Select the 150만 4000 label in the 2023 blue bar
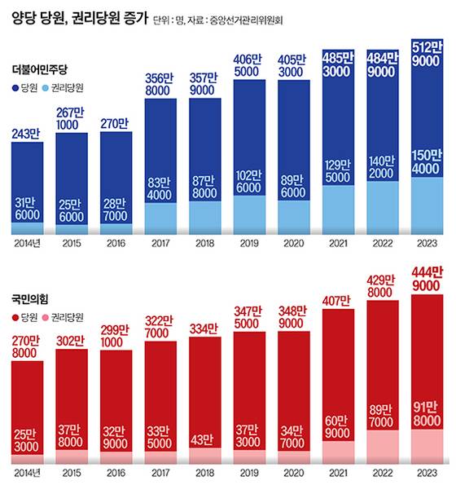click(x=429, y=162)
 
